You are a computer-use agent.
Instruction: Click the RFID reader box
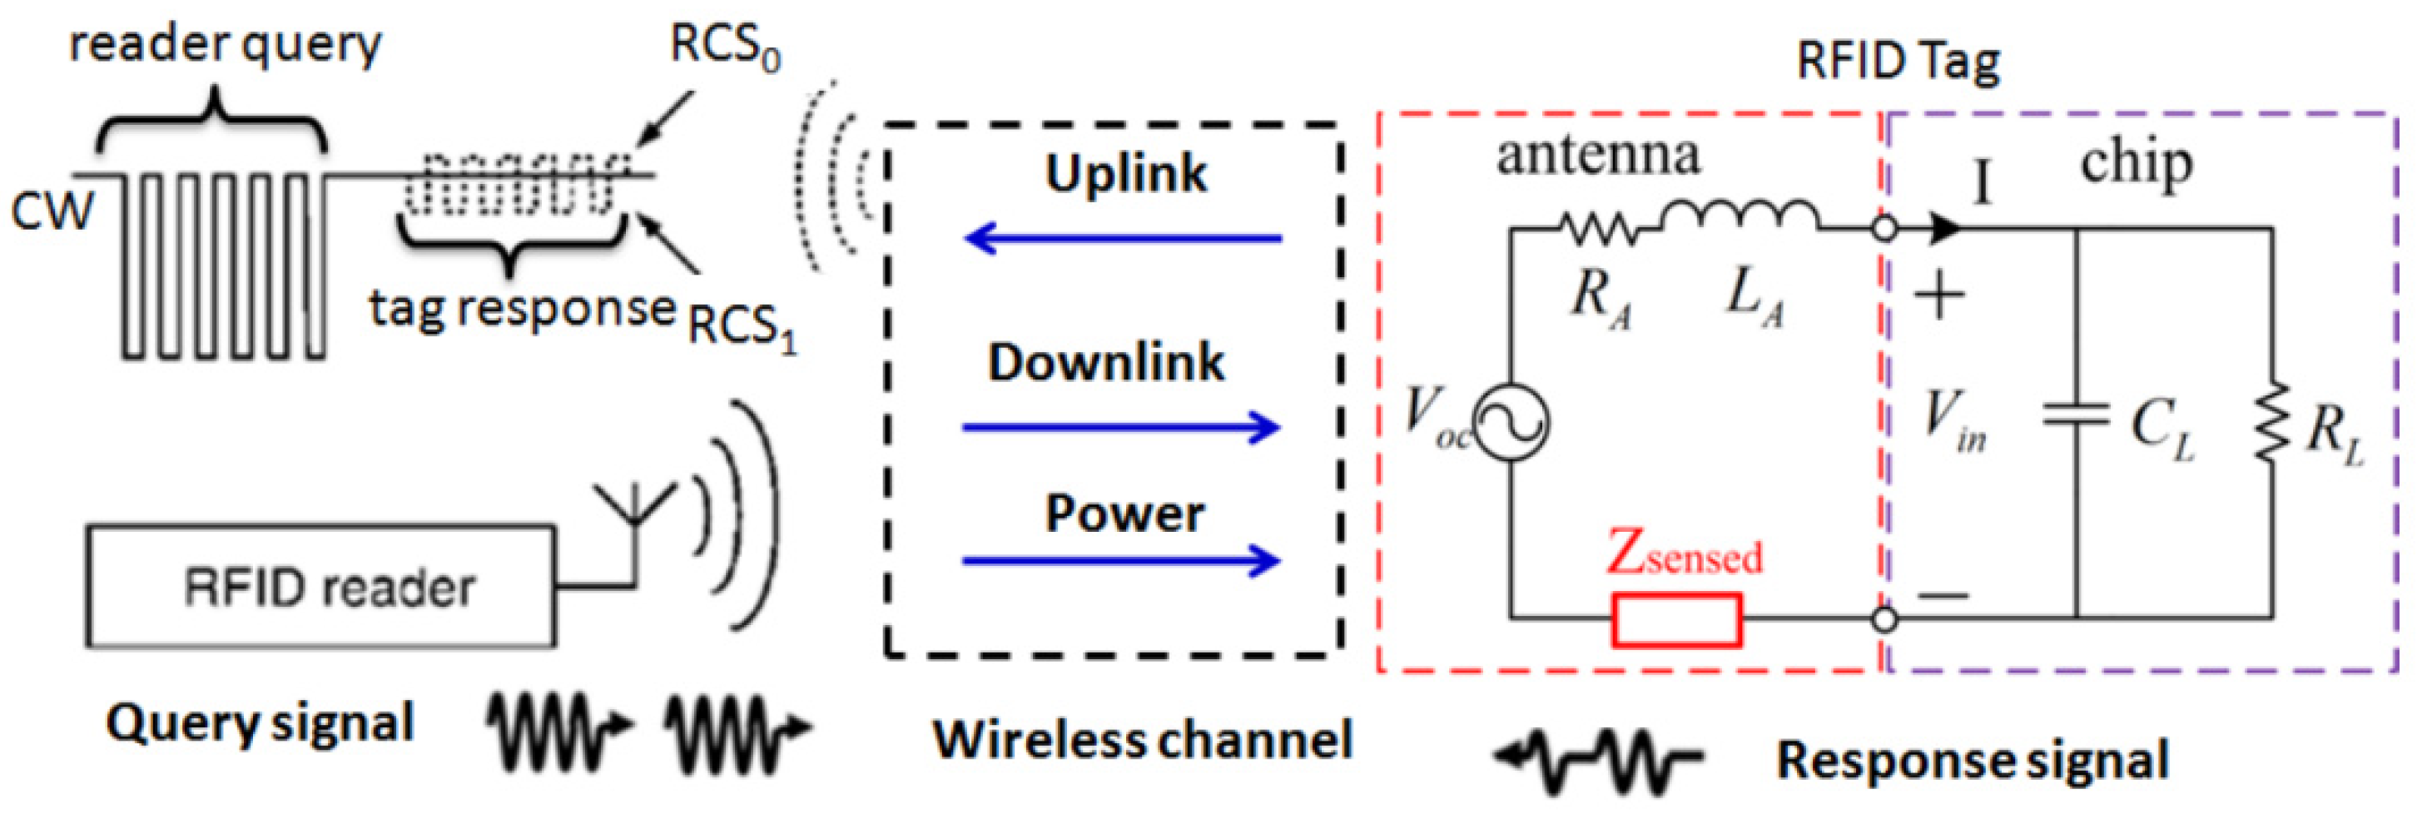pos(320,586)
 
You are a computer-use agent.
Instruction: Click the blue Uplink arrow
pos(1121,237)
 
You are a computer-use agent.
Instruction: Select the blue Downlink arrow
pos(1121,427)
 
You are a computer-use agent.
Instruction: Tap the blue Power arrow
pos(1121,561)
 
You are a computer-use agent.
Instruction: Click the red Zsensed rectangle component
pos(1676,619)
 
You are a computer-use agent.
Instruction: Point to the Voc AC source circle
pos(1511,424)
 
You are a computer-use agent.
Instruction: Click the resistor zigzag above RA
pos(1598,227)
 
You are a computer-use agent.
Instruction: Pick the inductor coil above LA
pos(1740,216)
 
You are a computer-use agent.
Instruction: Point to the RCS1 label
pos(742,328)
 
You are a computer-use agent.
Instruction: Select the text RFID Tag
pos(1898,62)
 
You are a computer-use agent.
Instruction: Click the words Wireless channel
pos(1142,739)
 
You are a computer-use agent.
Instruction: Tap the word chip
pos(2136,163)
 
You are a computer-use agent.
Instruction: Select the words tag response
pos(522,308)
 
